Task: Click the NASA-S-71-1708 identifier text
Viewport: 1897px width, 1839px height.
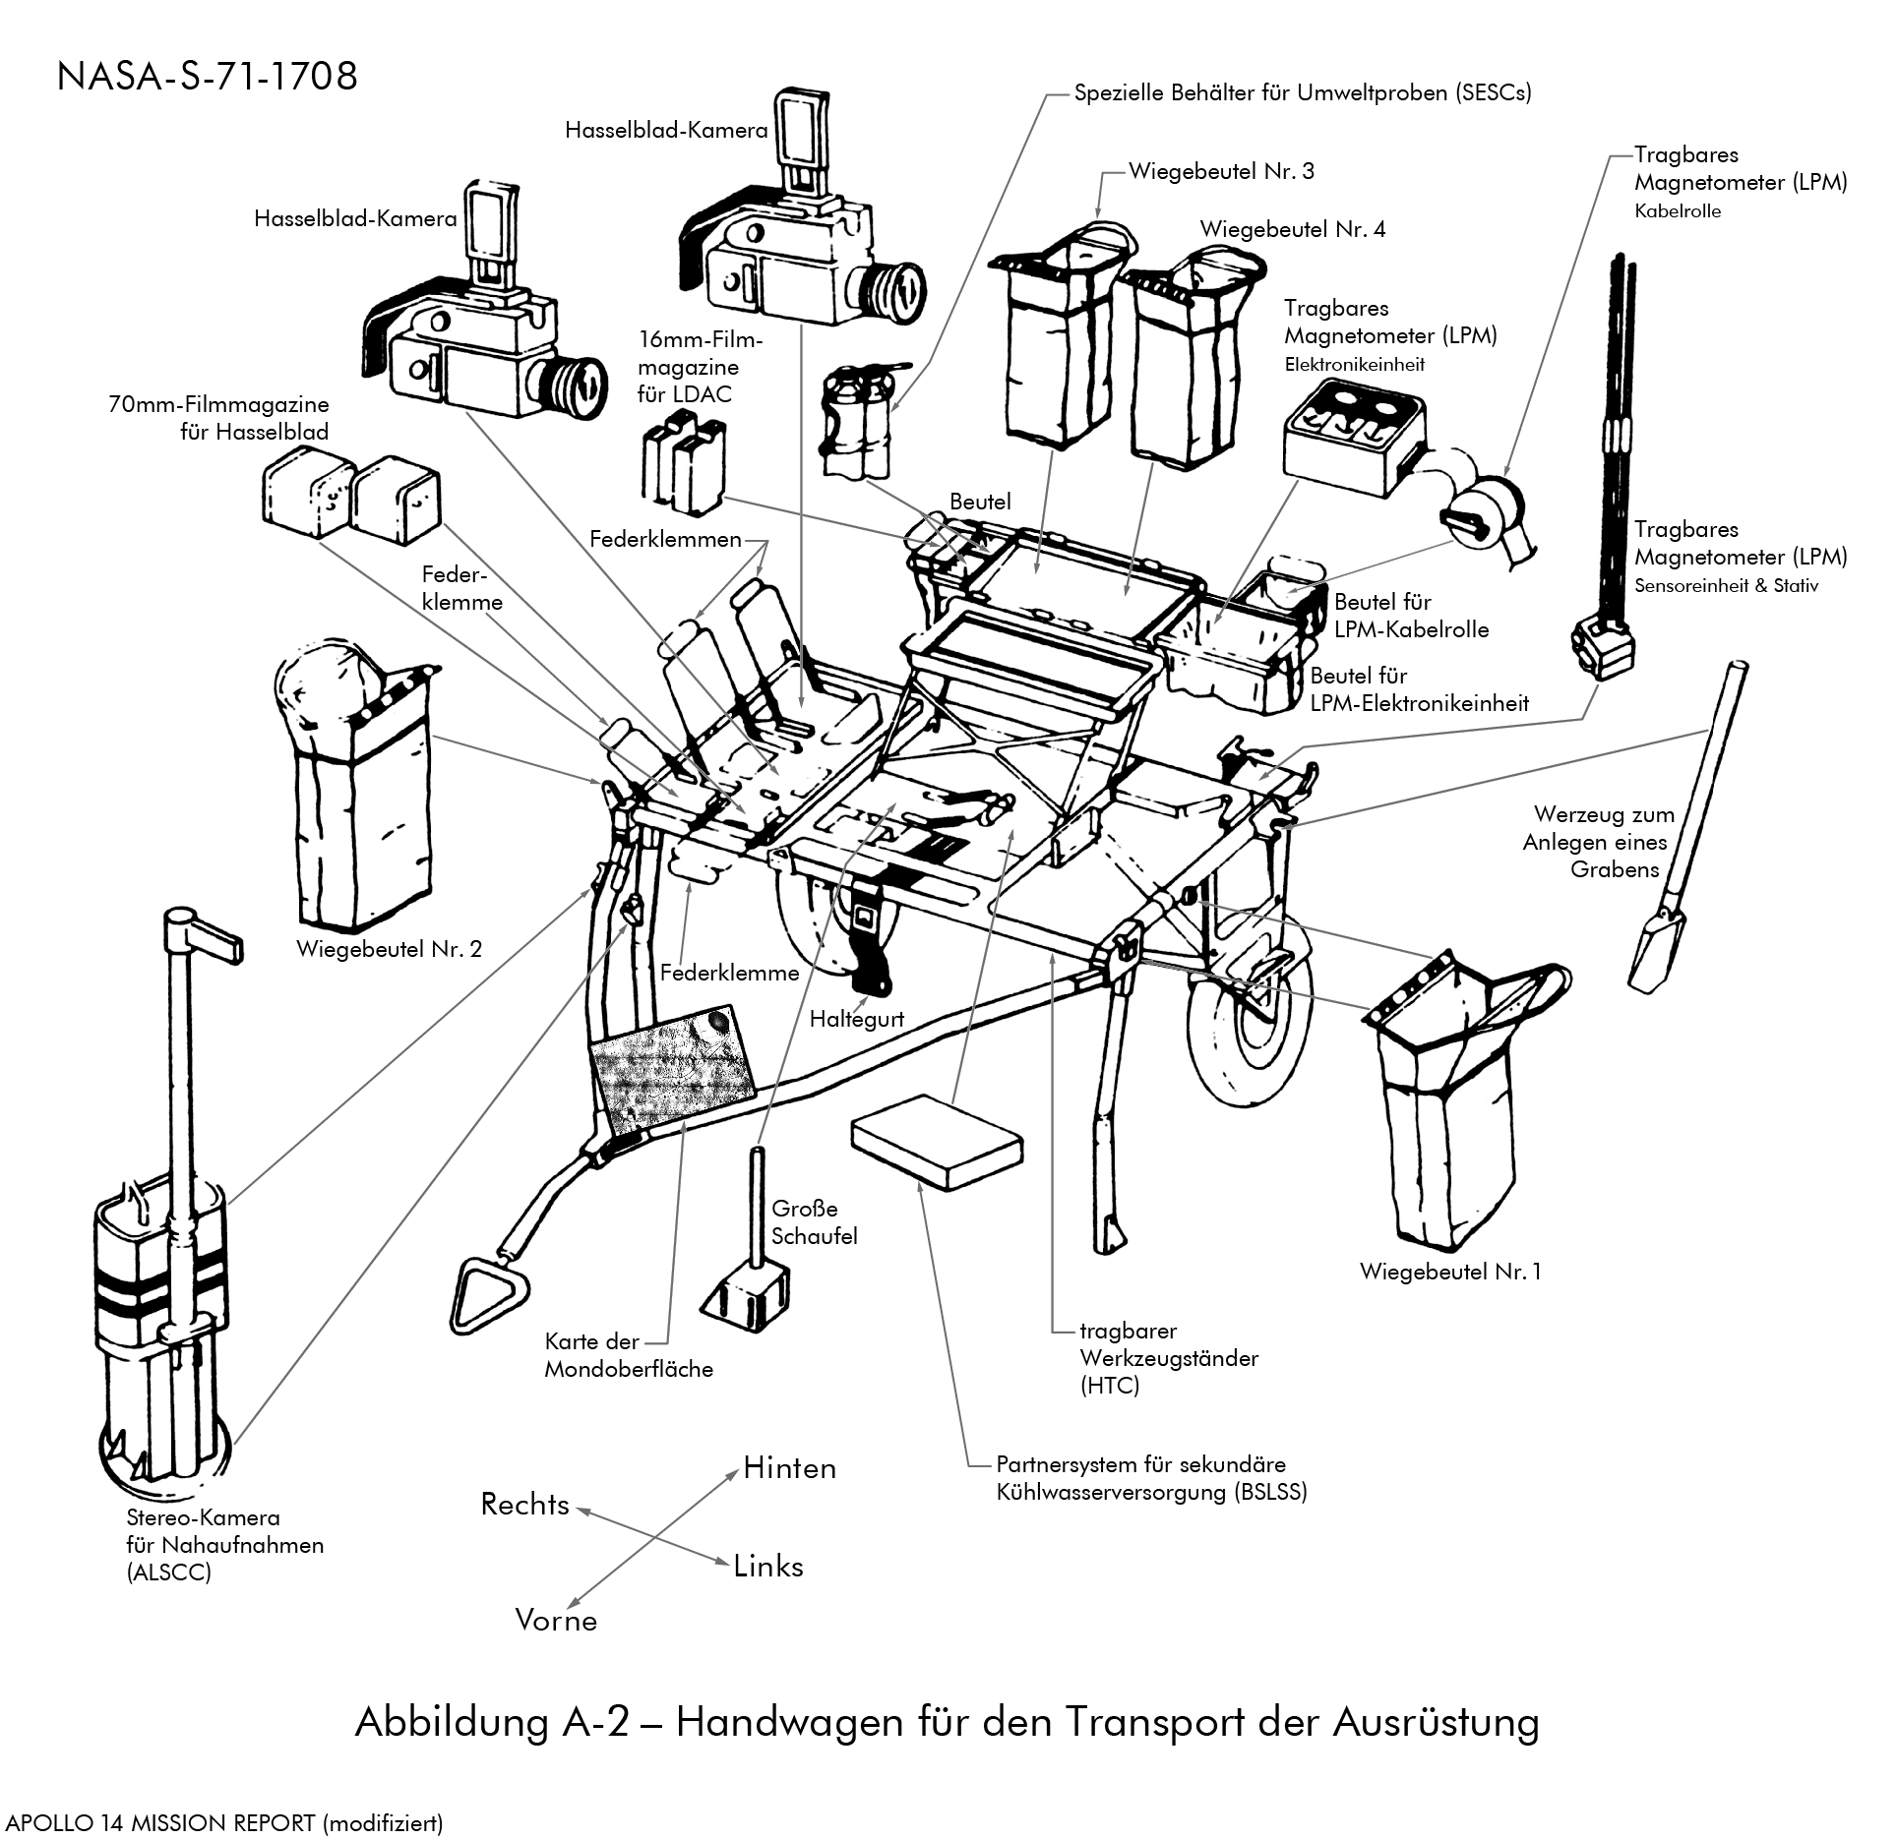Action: coord(207,77)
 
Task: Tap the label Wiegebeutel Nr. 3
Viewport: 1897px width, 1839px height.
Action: coord(1220,171)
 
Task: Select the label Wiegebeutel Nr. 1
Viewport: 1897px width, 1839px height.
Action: coord(1449,1272)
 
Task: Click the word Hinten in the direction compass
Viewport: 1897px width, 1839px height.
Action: coord(789,1468)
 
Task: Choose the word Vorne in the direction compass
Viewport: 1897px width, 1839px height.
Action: coord(556,1621)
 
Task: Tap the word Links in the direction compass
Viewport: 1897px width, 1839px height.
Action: coord(767,1567)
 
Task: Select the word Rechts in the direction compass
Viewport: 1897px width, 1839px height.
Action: coord(524,1505)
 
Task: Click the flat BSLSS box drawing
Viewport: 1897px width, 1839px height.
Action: coord(937,1143)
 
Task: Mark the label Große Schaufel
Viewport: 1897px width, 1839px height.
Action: coord(814,1222)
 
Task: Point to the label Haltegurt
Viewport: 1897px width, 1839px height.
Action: coord(856,1019)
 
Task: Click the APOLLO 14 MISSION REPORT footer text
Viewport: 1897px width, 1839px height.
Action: coord(224,1822)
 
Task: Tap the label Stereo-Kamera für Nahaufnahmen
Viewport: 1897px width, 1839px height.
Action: coord(224,1544)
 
